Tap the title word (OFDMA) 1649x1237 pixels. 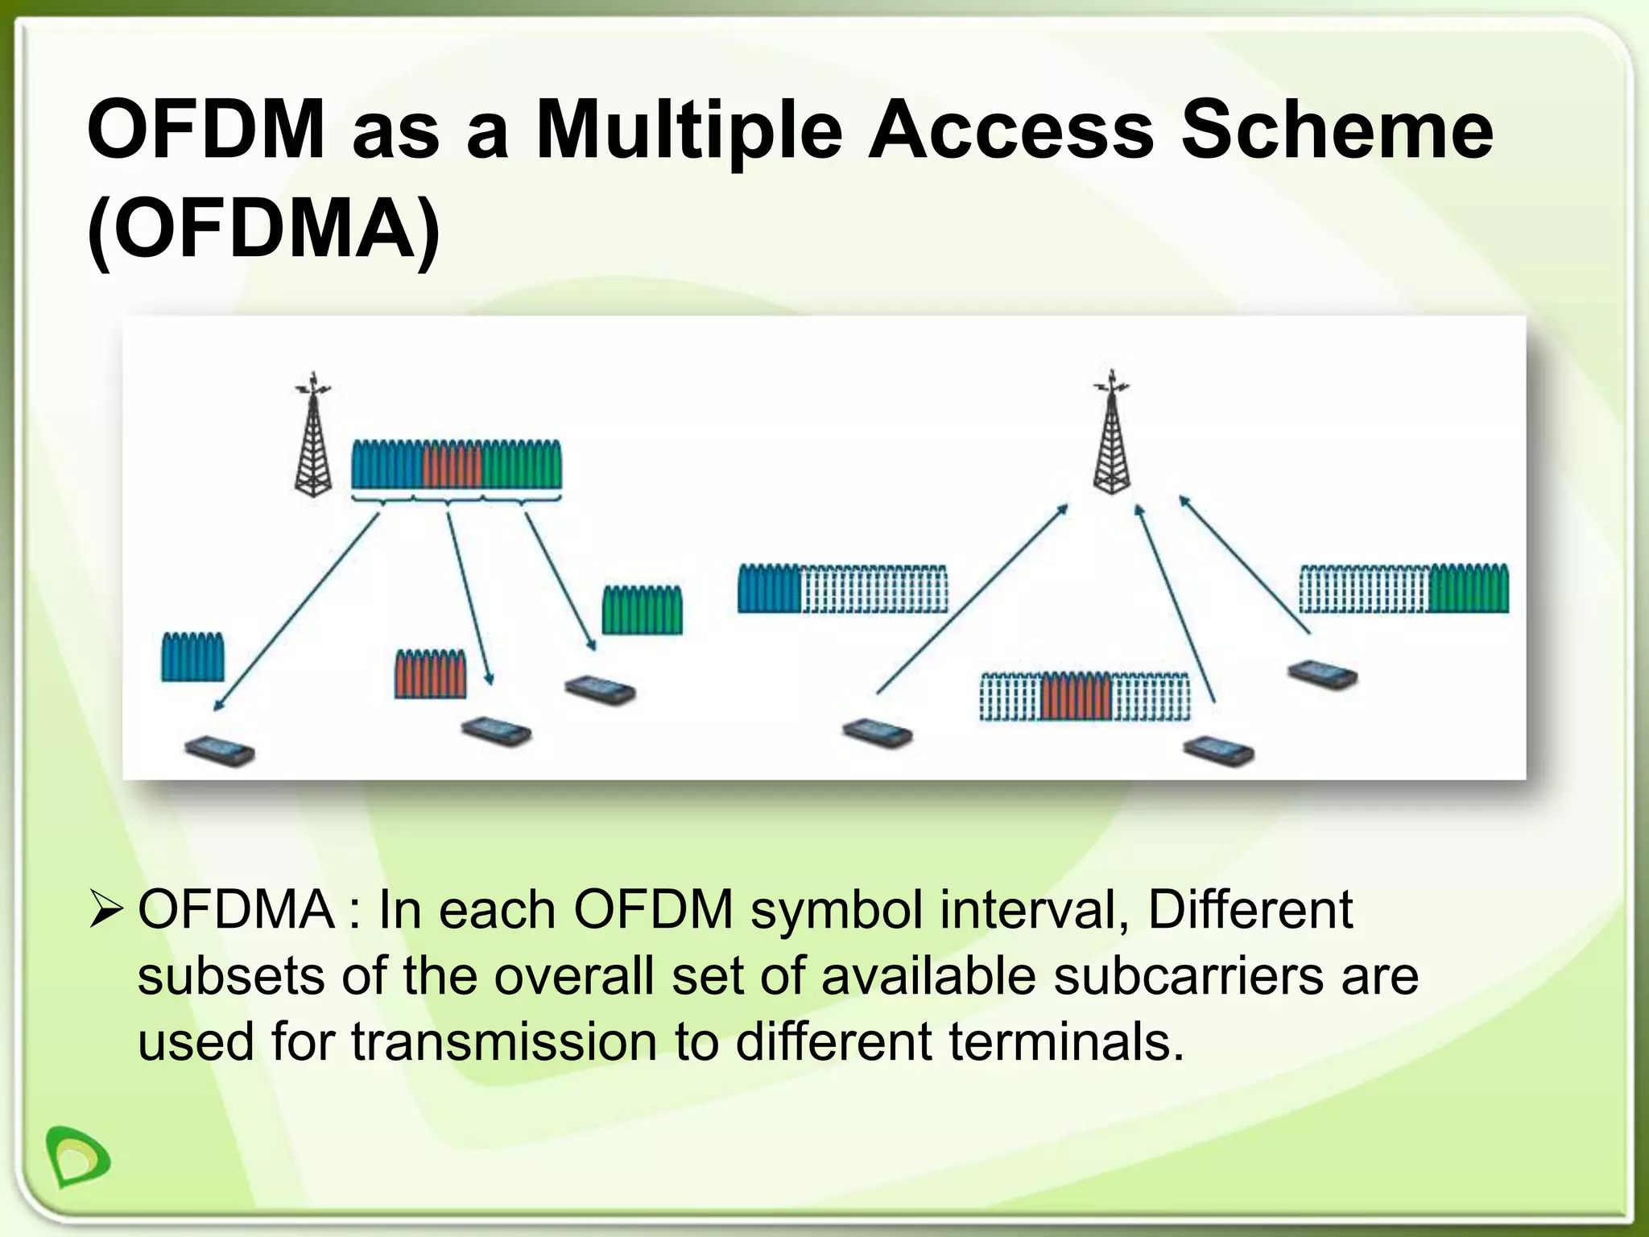pos(264,229)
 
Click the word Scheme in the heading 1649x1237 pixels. pos(1337,129)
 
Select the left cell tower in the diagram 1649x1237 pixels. pos(313,435)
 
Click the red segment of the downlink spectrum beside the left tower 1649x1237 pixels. pos(451,465)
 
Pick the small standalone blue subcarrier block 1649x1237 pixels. pos(192,657)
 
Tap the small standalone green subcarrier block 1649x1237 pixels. pos(643,610)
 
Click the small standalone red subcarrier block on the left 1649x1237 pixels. pos(430,673)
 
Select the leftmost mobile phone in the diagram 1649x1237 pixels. pos(219,751)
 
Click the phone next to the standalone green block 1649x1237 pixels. pos(600,690)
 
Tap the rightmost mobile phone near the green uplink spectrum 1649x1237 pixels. pos(1322,674)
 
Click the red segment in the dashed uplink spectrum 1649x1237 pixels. pos(1076,697)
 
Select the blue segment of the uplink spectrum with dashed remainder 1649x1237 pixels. pos(769,589)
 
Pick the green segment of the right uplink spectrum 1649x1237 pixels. pos(1469,589)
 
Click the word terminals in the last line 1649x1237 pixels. pos(1066,1040)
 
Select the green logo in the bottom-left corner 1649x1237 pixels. pos(77,1156)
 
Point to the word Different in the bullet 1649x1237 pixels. pos(1250,910)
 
